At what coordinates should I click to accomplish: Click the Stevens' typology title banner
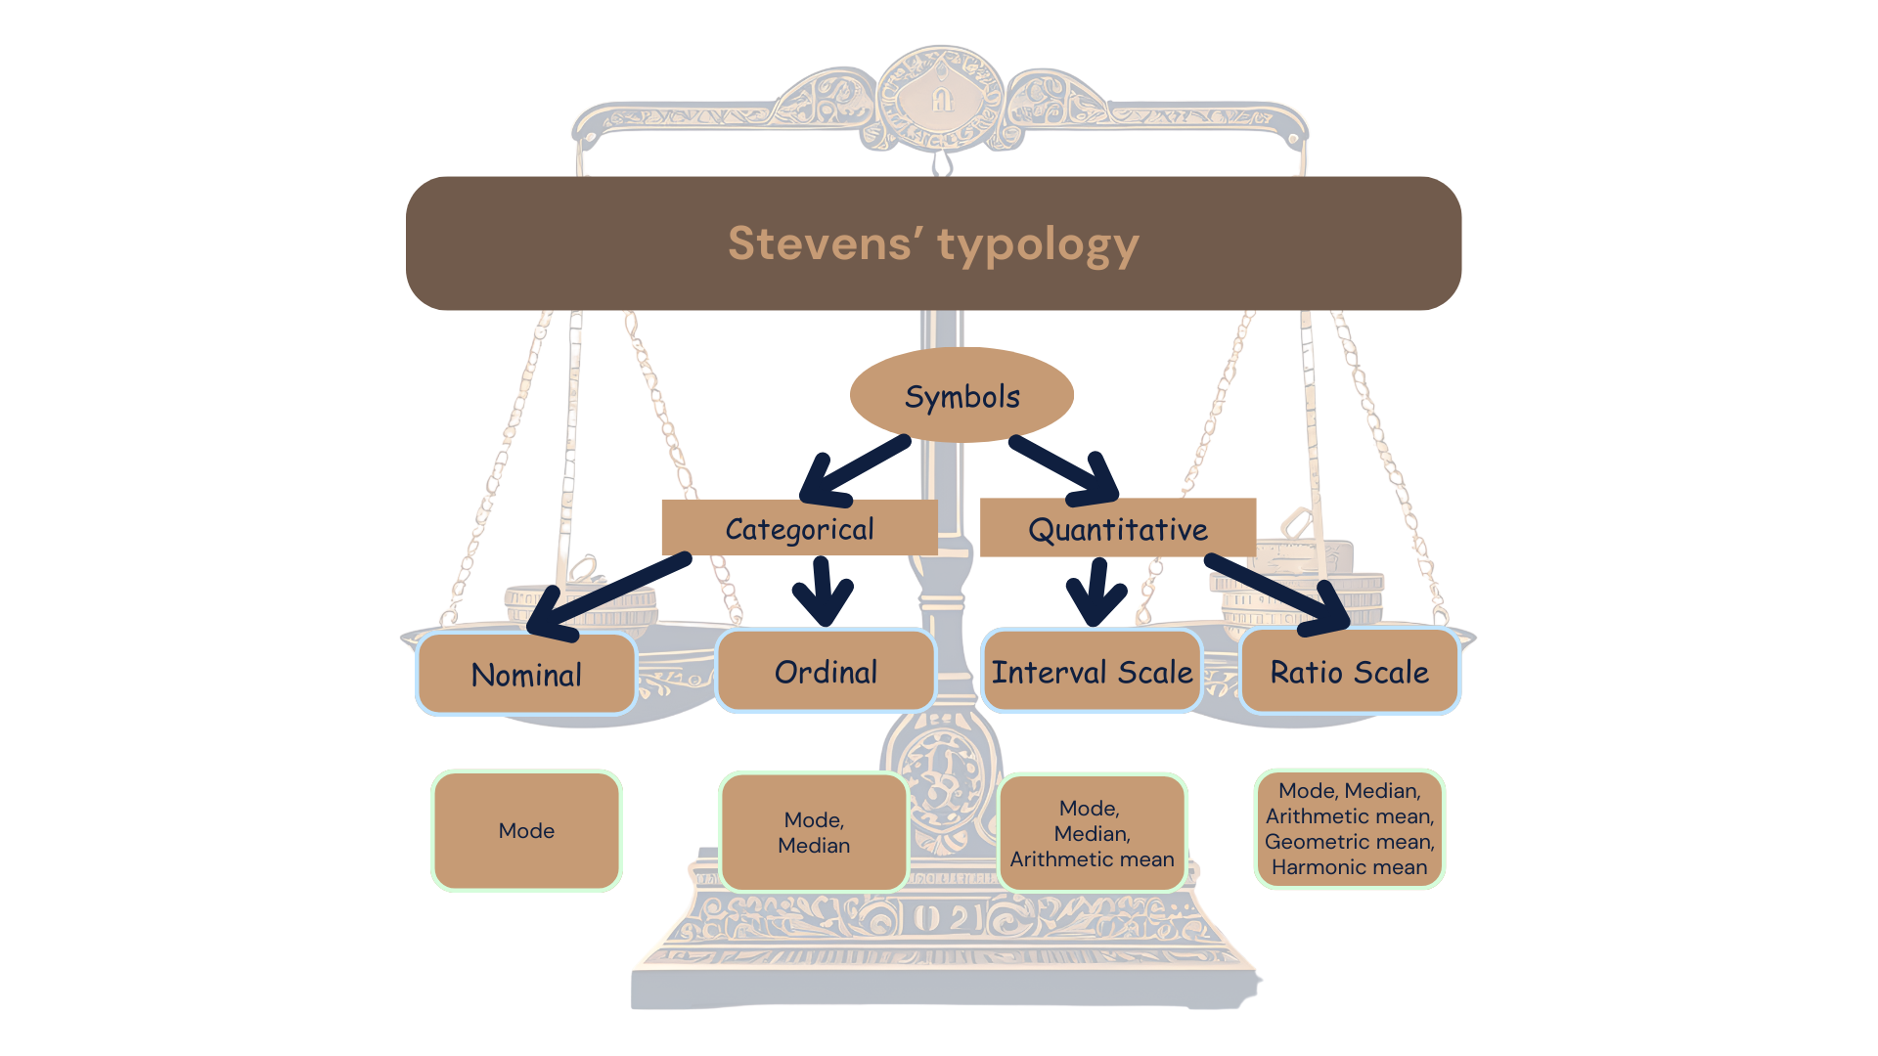coord(933,243)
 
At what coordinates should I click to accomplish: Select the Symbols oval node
coord(961,396)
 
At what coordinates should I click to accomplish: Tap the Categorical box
coord(799,529)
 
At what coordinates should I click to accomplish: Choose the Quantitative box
coord(1117,529)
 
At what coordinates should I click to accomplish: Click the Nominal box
coord(526,674)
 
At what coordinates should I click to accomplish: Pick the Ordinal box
coord(826,672)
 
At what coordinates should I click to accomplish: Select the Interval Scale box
coord(1092,672)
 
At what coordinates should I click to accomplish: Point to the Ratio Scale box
coord(1349,672)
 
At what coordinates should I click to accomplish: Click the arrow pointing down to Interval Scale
coord(1096,593)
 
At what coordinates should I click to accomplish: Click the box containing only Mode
coord(526,831)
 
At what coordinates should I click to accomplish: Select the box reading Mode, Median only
coord(814,832)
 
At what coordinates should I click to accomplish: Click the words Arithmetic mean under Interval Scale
coord(1092,859)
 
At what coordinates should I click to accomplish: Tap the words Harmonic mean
coord(1349,867)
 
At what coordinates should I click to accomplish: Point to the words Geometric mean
coord(1349,842)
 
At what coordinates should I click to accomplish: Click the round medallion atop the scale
coord(941,98)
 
